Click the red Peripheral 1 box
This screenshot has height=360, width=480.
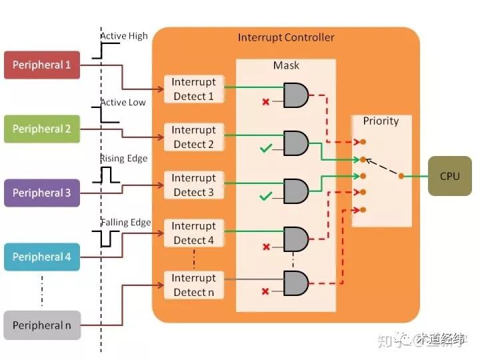click(42, 65)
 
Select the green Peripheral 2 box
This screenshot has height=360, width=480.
click(42, 129)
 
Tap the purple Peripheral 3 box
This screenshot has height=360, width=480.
click(42, 193)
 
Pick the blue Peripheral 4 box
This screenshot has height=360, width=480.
click(42, 257)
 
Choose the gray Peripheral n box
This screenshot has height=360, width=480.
click(42, 325)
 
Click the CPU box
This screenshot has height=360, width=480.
click(450, 176)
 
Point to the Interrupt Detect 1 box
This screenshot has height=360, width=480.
click(194, 89)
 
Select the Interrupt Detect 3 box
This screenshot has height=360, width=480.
click(194, 185)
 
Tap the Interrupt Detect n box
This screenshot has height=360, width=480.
click(194, 285)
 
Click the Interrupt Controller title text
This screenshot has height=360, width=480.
click(286, 37)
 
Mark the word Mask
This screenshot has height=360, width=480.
click(286, 65)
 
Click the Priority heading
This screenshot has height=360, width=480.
click(381, 121)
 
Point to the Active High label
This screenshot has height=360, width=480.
click(124, 36)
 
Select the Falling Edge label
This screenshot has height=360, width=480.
click(126, 222)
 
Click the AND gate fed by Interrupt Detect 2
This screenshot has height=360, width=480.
click(296, 143)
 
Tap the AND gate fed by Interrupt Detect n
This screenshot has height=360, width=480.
click(296, 283)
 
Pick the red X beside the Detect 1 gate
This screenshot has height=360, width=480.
click(266, 101)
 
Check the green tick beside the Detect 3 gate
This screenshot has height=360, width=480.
click(266, 196)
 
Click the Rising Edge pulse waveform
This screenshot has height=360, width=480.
click(106, 175)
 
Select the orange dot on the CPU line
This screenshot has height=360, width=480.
click(401, 176)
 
